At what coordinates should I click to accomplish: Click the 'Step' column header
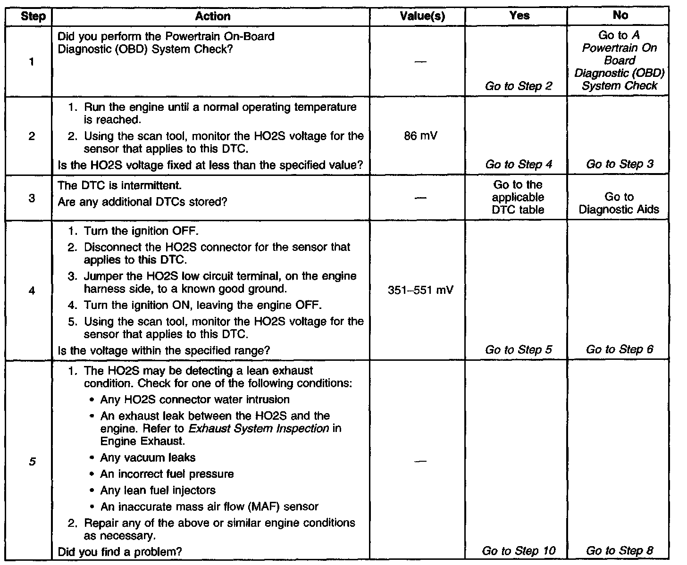[34, 17]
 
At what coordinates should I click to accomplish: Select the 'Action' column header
[213, 17]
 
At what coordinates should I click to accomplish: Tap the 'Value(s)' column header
[422, 17]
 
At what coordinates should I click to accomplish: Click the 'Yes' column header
[519, 16]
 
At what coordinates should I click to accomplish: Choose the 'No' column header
[620, 16]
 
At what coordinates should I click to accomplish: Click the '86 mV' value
[421, 136]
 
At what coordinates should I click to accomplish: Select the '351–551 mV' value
[420, 290]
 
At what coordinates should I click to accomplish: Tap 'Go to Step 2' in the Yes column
[519, 86]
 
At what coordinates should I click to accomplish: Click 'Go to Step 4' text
[519, 164]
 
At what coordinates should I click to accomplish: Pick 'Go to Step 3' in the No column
[620, 164]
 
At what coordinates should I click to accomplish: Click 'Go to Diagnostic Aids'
[619, 203]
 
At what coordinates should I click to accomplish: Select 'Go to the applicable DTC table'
[518, 197]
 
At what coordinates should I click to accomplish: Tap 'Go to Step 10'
[519, 550]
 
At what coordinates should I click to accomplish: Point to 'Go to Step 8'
[620, 550]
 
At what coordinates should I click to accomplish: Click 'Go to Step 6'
[620, 349]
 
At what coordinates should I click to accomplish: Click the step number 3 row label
[32, 198]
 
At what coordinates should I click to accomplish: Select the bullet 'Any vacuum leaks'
[148, 457]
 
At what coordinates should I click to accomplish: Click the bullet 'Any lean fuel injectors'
[158, 490]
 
